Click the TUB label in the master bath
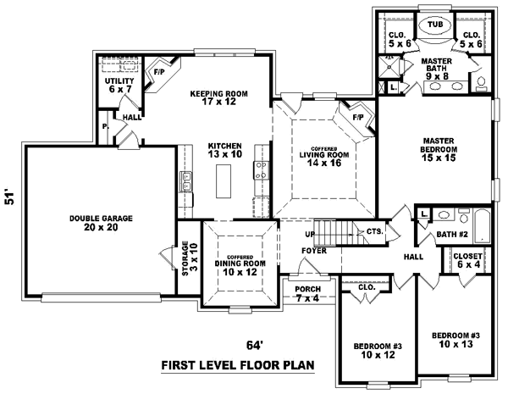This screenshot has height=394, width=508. point(434,25)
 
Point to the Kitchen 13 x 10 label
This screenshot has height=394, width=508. point(225,150)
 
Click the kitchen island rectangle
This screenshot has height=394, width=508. point(224,180)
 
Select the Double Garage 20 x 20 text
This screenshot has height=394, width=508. point(101,223)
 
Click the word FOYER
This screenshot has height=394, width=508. point(314,250)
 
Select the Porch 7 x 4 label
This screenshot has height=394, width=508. point(306,292)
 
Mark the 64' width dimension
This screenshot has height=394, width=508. point(255,345)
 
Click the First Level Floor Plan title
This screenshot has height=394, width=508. point(237,366)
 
